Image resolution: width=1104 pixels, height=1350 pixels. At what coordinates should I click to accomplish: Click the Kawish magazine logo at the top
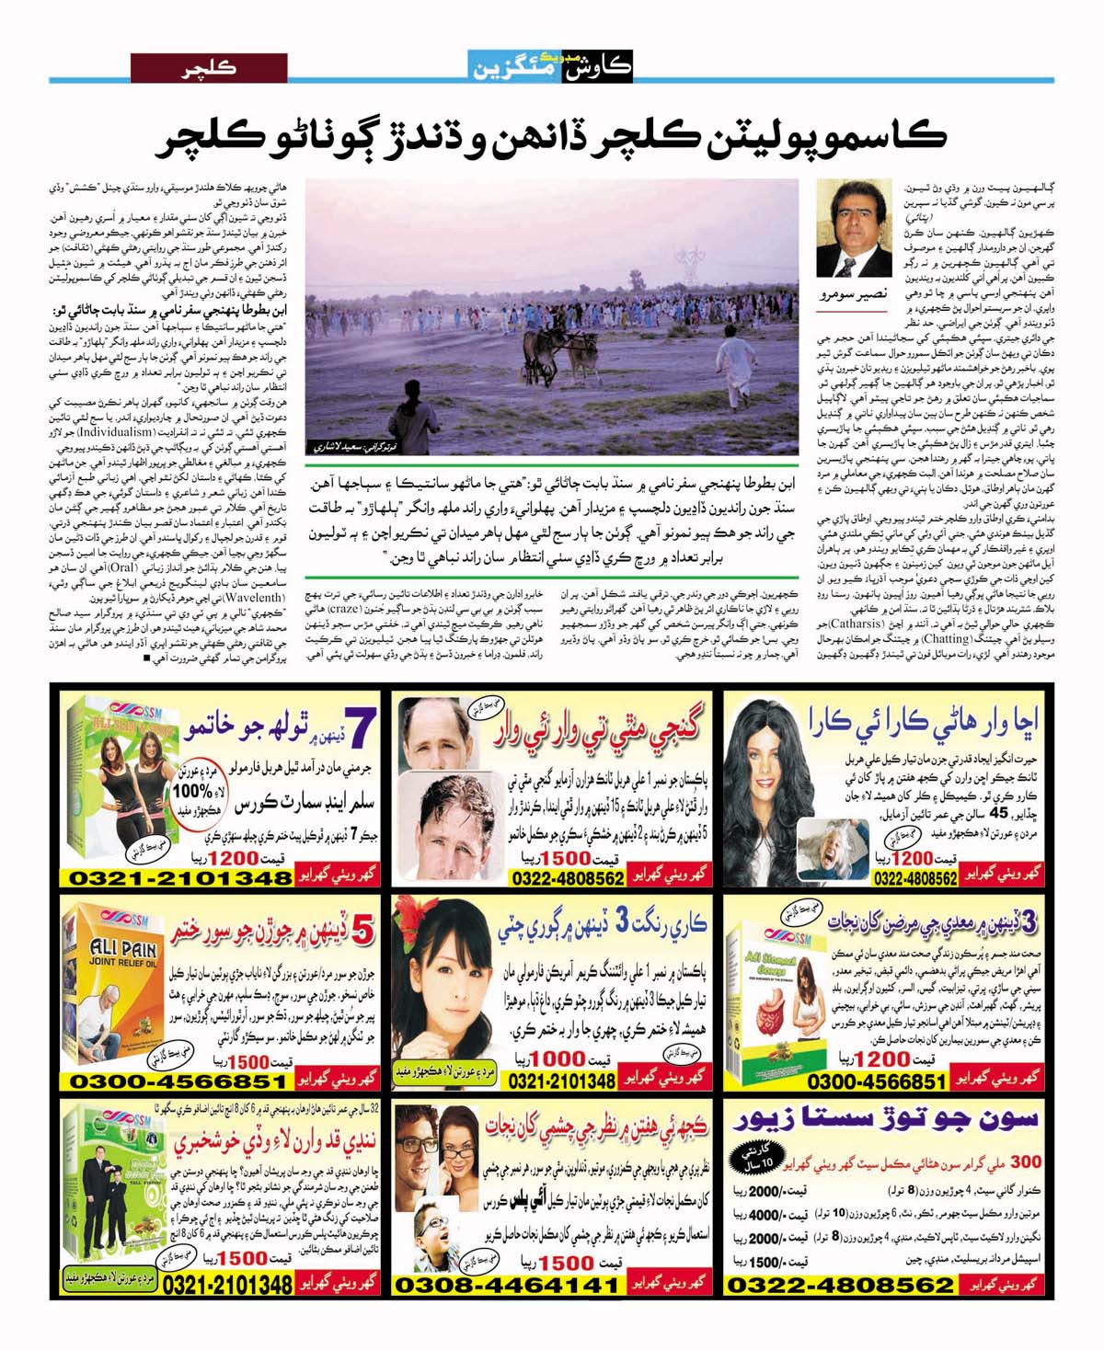(550, 65)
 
